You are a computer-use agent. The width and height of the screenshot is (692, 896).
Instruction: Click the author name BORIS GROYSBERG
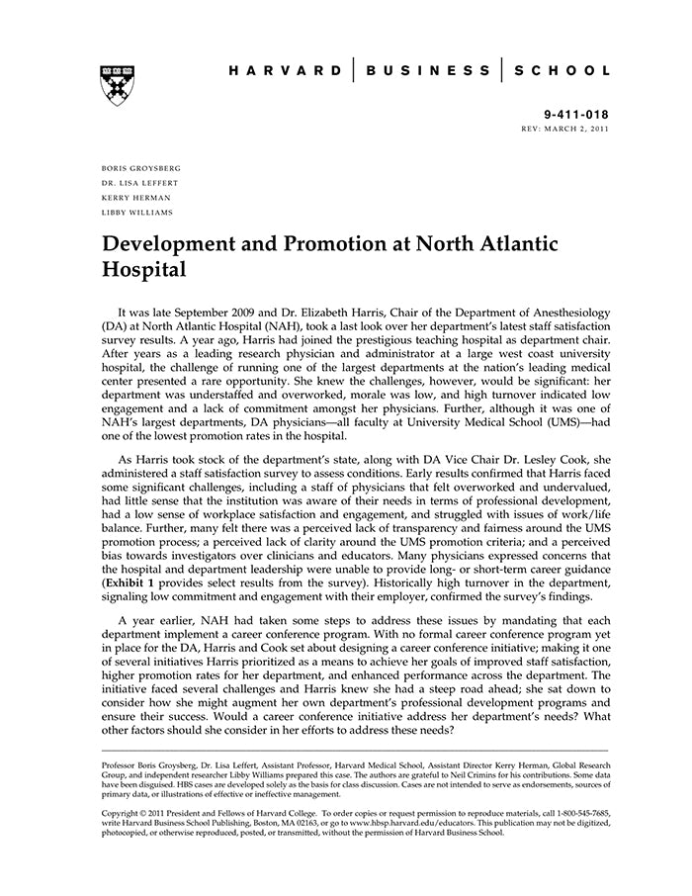[x=141, y=167]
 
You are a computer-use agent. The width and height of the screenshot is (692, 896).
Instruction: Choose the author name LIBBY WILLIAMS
[x=137, y=212]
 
